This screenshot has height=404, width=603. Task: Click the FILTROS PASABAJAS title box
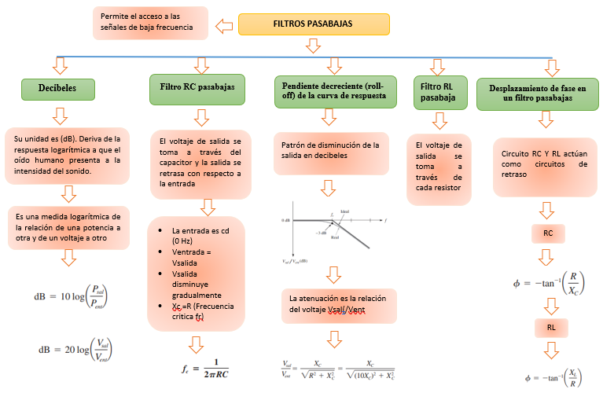[312, 24]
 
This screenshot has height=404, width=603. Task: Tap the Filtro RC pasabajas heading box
[197, 89]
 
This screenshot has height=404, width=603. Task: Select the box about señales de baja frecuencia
[150, 24]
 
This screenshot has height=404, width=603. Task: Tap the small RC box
[548, 233]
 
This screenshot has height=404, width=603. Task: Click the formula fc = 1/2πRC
[205, 369]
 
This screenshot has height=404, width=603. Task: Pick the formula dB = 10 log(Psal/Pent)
[70, 297]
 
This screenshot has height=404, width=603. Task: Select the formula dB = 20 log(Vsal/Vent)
[70, 351]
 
